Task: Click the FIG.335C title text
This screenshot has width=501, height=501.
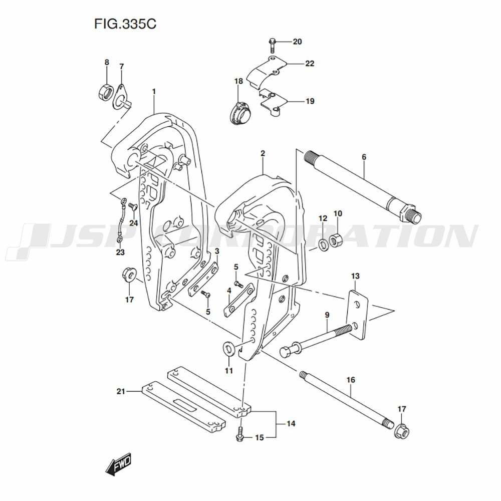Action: (x=125, y=24)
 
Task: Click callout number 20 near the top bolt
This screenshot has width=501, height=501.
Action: (x=297, y=42)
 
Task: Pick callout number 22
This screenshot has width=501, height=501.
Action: (x=310, y=64)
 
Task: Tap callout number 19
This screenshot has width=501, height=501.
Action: (x=310, y=101)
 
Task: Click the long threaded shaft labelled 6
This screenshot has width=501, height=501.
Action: (x=363, y=187)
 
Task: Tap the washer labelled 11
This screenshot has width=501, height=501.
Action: (x=228, y=349)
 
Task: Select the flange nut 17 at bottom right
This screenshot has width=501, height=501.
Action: (x=402, y=431)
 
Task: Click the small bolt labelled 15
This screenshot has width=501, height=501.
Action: (x=240, y=434)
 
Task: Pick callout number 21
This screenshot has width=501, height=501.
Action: (x=121, y=391)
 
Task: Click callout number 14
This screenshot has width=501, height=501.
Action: (x=291, y=424)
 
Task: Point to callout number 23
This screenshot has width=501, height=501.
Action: (x=120, y=253)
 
